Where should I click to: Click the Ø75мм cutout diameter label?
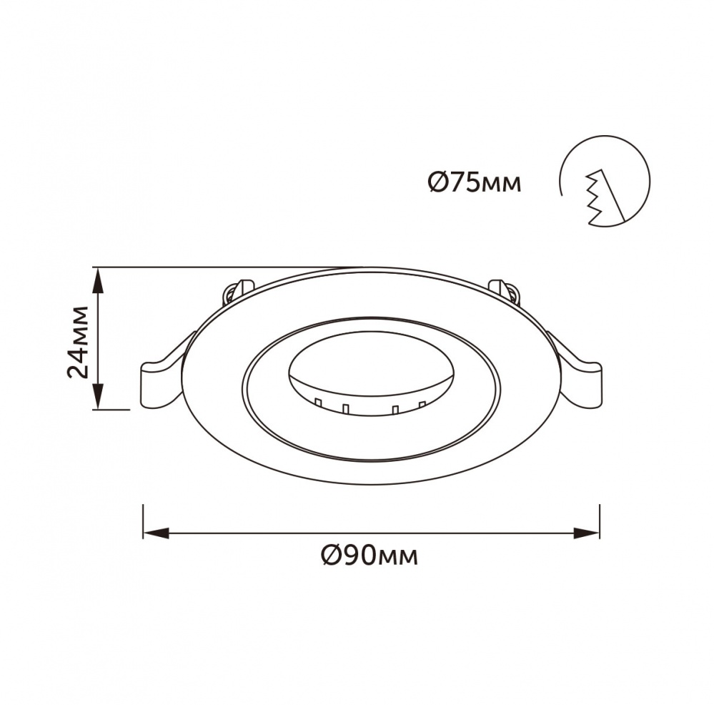pos(475,183)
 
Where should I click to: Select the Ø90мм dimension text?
pos(370,555)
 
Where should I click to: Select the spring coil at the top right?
pos(505,290)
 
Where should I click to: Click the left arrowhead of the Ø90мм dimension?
pos(156,533)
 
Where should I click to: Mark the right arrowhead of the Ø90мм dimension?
pos(587,533)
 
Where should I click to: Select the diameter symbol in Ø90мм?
pos(330,555)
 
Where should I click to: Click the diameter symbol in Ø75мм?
pos(437,183)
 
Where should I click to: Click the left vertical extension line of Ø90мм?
pos(144,522)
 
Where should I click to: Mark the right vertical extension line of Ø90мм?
pos(599,522)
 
